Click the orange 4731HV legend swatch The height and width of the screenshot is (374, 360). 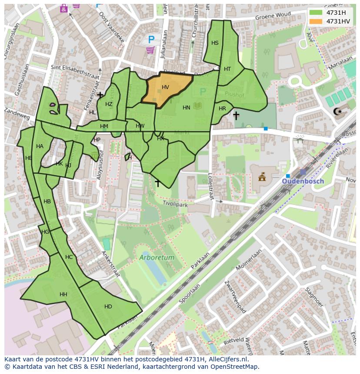(x=316, y=21)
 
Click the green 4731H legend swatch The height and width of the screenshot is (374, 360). (x=316, y=13)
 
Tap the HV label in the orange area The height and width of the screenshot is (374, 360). (x=165, y=87)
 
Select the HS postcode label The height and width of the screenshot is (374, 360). (x=215, y=43)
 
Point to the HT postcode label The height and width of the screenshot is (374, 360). (x=227, y=69)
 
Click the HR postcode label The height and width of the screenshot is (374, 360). (x=222, y=109)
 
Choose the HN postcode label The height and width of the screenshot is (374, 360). (x=186, y=108)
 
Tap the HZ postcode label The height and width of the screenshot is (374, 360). (x=109, y=104)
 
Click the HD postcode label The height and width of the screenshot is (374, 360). (x=108, y=307)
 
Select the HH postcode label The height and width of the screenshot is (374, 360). (x=63, y=295)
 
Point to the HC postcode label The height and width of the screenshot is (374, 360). (x=69, y=257)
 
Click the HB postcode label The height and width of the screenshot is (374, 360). (x=47, y=202)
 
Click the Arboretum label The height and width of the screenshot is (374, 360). (x=157, y=258)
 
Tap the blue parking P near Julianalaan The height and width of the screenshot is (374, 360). (x=151, y=40)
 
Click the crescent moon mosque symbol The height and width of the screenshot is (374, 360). (x=338, y=112)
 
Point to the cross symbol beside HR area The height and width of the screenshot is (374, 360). (x=236, y=116)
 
